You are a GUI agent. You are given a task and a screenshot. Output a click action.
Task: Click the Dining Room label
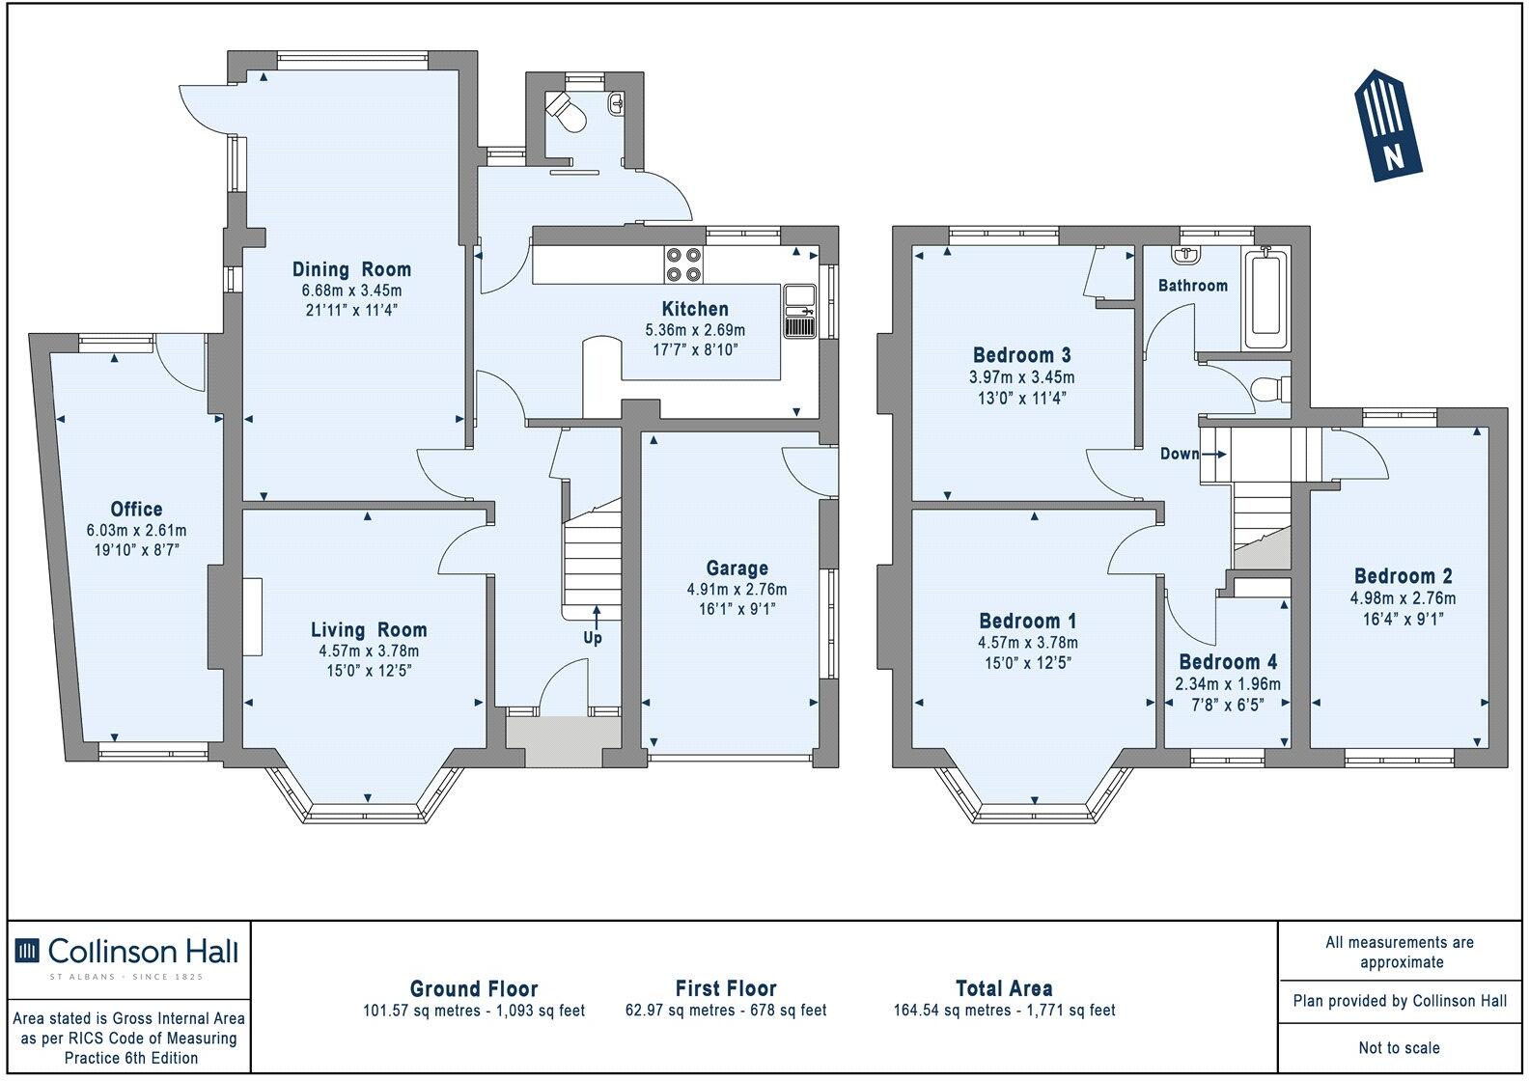351,269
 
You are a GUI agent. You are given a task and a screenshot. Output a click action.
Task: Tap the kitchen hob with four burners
683,264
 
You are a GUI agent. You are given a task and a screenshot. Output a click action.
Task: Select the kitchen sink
799,312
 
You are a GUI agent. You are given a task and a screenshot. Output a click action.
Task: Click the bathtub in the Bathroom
1265,299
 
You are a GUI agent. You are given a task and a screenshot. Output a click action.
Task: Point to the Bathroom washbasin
1186,255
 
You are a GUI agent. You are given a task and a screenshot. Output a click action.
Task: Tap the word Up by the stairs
593,638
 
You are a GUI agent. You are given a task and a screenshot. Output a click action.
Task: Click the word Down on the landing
1180,454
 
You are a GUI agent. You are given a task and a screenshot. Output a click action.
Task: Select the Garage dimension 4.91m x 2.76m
737,589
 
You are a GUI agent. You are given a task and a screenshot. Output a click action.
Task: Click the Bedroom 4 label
1228,662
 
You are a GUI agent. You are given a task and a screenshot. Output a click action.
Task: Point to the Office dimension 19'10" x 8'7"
136,549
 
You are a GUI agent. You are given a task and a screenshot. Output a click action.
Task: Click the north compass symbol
1388,125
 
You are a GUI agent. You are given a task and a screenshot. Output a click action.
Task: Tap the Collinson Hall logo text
143,952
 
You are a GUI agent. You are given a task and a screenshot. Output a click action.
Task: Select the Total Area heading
1004,988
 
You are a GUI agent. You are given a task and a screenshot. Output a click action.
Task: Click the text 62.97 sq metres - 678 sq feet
726,1010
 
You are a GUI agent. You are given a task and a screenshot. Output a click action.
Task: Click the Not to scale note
1400,1047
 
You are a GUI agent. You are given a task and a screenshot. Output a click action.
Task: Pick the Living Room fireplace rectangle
253,617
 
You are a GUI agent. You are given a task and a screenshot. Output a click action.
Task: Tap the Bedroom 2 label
1403,576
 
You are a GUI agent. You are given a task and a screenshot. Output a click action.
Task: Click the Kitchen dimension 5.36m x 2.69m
695,330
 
